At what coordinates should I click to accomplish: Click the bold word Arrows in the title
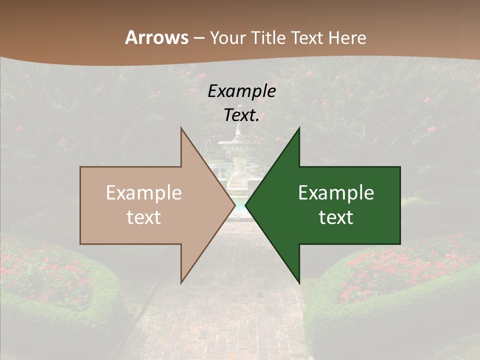(156, 37)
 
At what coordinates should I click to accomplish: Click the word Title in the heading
(269, 37)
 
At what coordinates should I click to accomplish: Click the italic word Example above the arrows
(241, 91)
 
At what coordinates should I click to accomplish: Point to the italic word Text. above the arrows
(241, 115)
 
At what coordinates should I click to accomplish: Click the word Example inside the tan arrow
(144, 193)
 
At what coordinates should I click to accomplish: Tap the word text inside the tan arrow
(144, 217)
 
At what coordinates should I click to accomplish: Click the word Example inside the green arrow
(336, 193)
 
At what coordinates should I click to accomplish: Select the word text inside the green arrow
(336, 217)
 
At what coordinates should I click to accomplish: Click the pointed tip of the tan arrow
(234, 205)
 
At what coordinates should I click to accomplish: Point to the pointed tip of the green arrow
(246, 205)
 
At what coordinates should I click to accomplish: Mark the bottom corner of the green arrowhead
(299, 281)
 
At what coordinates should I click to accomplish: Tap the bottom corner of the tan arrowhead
(181, 281)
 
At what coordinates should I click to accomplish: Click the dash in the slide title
(198, 37)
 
